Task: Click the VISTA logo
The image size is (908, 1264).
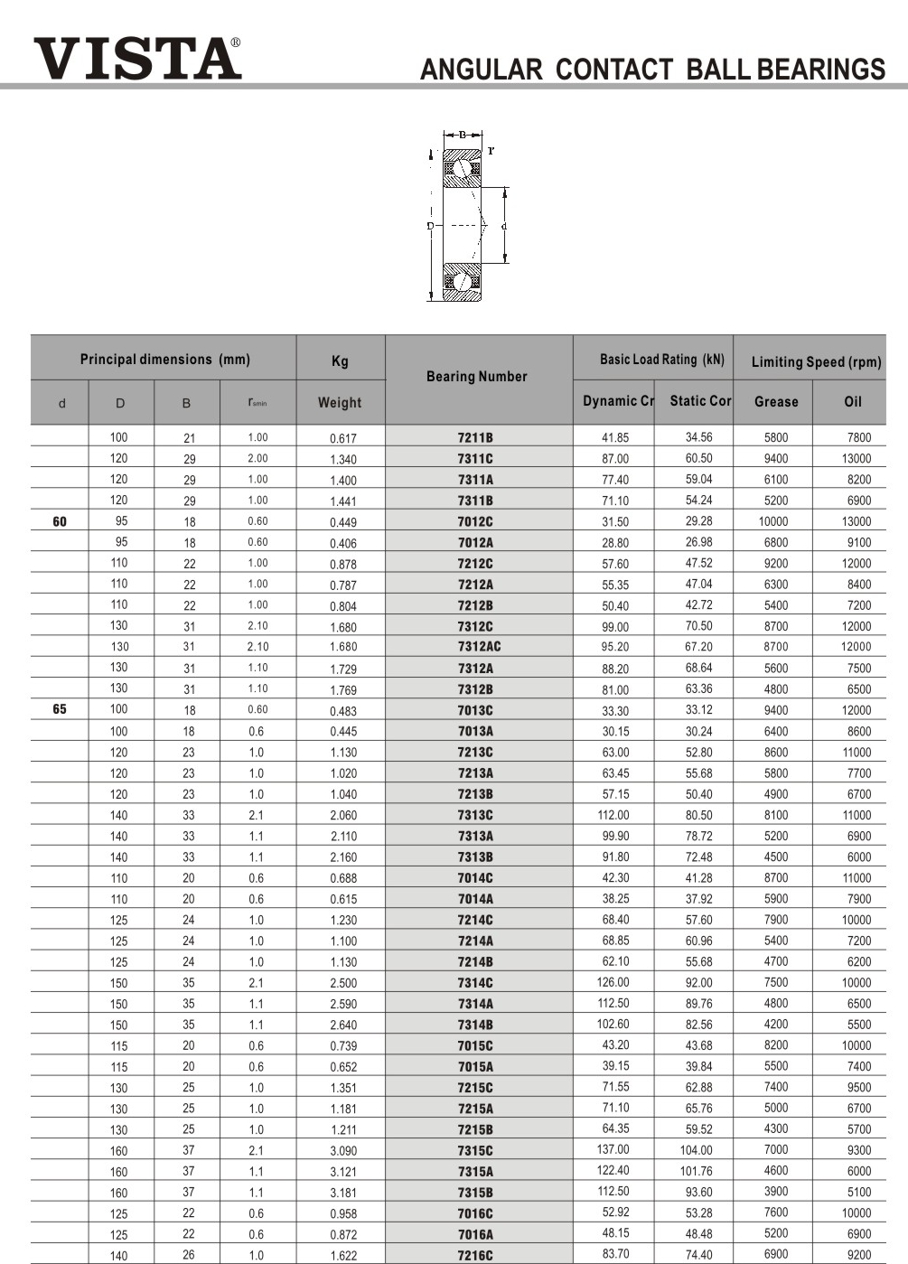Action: point(137,58)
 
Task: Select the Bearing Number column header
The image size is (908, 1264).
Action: point(477,377)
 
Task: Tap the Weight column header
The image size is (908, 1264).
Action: point(340,403)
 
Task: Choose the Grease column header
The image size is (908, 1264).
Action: point(776,402)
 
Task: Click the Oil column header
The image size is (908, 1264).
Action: point(853,402)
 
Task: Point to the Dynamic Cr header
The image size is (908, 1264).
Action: point(618,401)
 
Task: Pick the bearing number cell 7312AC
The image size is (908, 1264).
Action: point(479,647)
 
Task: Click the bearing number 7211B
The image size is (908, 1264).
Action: point(475,438)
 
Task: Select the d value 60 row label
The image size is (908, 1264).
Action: point(60,521)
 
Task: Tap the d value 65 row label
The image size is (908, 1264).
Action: point(60,709)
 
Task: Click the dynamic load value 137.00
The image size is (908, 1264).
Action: point(613,1150)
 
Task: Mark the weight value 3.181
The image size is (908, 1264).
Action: point(343,1193)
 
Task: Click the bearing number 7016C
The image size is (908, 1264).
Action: point(475,1213)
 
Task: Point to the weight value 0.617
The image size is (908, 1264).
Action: point(343,438)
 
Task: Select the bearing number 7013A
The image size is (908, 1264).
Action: point(475,731)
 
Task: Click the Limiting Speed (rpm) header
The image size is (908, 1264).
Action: point(816,361)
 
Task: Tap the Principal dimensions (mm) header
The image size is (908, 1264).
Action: point(164,360)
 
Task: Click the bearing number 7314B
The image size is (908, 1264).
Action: point(475,1025)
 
